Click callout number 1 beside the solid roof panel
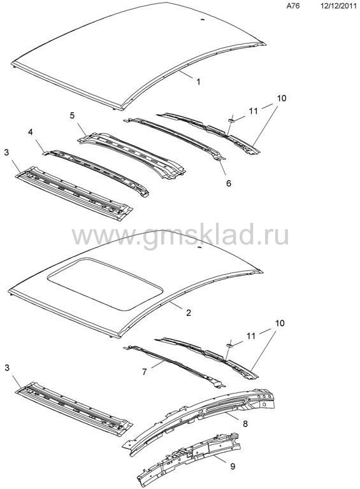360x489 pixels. pos(198,81)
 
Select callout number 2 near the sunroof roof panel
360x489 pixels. pos(188,312)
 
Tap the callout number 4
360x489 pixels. pos(30,132)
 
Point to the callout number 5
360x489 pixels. pos(72,115)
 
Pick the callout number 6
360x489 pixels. pos(229,183)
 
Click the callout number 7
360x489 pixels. pos(145,372)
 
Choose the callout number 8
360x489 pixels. pos(245,424)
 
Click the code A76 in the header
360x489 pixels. pos(293,6)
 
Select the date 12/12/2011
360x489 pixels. pos(338,6)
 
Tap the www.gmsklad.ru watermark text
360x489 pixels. pos(180,236)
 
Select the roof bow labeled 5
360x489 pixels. pos(133,155)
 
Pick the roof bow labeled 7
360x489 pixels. pos(175,365)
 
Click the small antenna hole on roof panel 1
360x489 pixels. pos(202,20)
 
